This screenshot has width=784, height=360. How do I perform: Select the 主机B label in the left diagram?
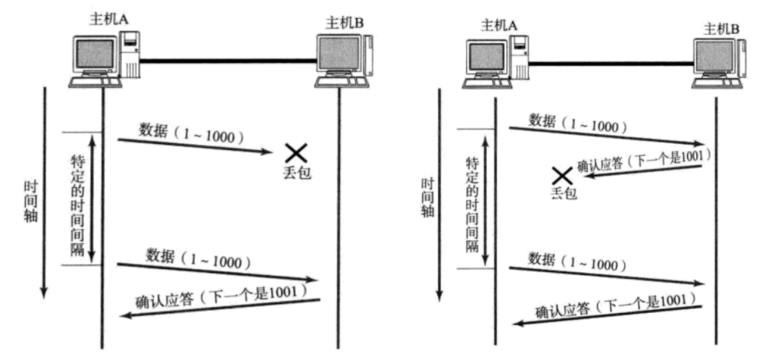[345, 22]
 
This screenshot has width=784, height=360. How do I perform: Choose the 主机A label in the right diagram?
[498, 27]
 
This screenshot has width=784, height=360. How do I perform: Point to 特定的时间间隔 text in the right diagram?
[471, 205]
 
